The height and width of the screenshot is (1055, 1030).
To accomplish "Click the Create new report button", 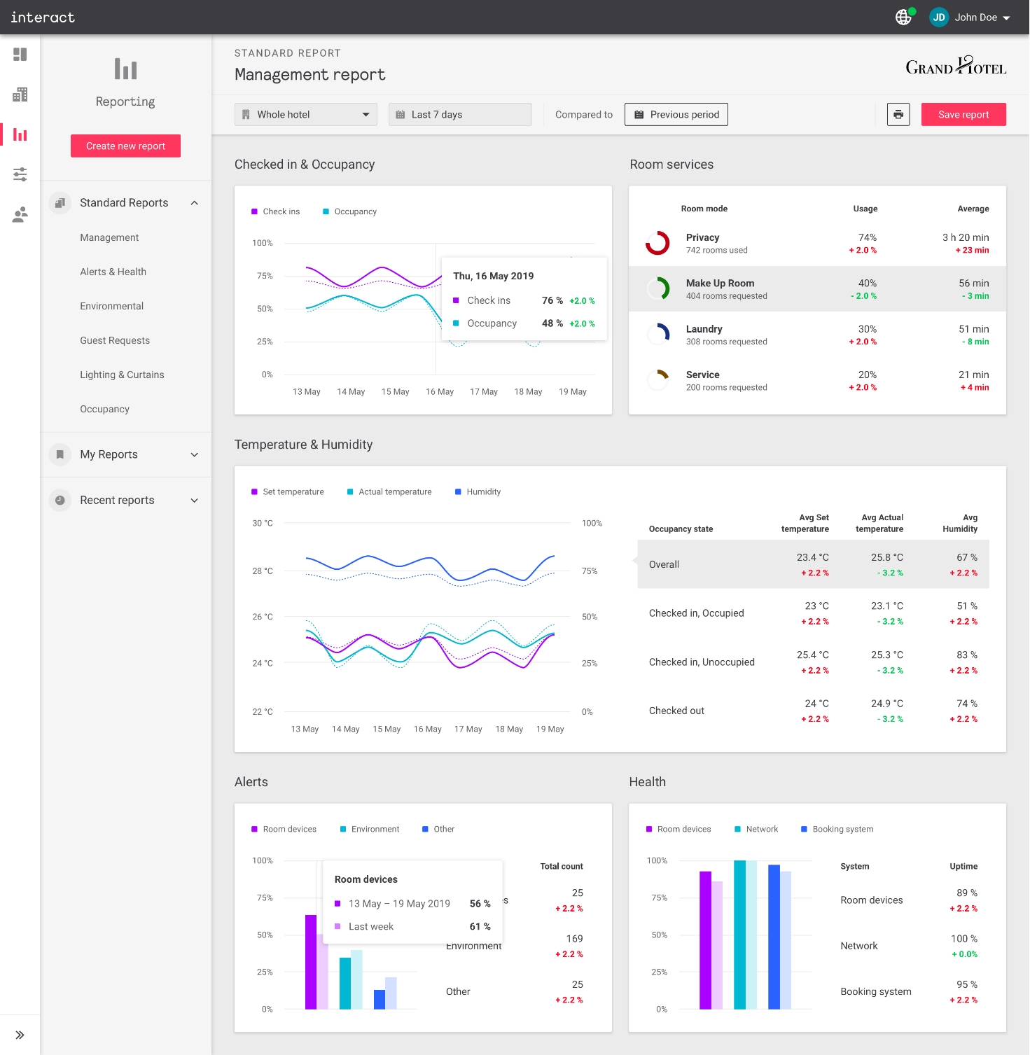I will click(125, 146).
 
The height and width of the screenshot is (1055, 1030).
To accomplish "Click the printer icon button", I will click(898, 114).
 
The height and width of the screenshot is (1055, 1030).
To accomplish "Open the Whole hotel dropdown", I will click(305, 114).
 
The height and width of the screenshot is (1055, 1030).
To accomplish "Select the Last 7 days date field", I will click(459, 114).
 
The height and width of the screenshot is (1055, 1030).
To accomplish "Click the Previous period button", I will click(676, 114).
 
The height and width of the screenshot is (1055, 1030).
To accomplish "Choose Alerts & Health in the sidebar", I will click(113, 272).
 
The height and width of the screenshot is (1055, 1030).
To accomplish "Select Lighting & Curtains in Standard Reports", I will click(122, 375).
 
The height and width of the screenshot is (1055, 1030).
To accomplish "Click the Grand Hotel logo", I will click(956, 66).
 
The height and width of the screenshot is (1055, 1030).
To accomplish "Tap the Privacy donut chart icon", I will click(657, 243).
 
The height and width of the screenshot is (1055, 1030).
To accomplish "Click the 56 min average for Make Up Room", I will click(973, 283).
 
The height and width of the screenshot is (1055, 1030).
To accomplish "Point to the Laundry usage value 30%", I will click(867, 329).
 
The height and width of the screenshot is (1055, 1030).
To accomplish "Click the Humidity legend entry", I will click(483, 491).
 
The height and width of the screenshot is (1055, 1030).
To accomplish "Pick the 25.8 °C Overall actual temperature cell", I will click(886, 557).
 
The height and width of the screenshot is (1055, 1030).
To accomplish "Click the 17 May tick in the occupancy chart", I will click(484, 391).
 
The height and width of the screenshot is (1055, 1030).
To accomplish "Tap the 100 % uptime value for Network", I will click(963, 938).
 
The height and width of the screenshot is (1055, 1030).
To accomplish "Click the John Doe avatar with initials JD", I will click(938, 18).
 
